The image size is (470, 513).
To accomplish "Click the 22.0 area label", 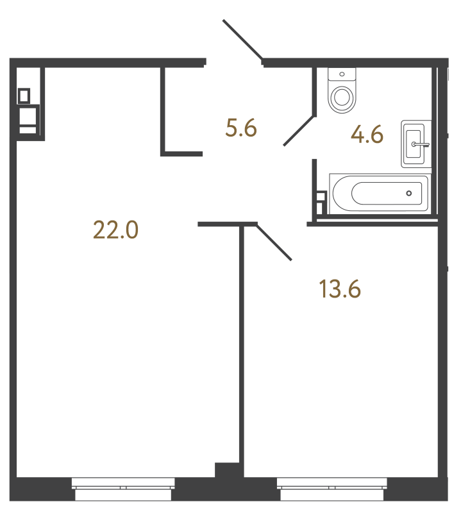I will (116, 229).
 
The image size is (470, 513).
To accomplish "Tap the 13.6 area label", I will (340, 290).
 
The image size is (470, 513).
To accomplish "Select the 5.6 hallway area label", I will (241, 129).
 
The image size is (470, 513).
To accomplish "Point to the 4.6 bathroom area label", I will (367, 135).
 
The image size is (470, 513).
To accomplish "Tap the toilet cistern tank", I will (341, 74).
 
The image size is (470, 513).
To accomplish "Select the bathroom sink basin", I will (415, 144).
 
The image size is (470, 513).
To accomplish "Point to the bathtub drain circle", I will (409, 193).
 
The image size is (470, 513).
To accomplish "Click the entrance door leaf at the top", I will (242, 40).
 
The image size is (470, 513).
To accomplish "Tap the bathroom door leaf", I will (298, 130).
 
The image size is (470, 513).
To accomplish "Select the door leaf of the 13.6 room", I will (274, 242).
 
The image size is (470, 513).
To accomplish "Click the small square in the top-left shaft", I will (24, 96).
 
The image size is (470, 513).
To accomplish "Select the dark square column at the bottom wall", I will (225, 469).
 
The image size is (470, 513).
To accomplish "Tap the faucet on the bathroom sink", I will (422, 145).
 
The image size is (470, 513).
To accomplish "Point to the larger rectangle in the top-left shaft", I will (28, 117).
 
